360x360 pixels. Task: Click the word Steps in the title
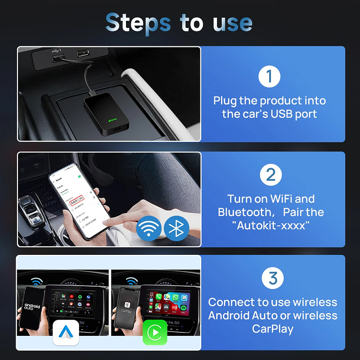click(138, 22)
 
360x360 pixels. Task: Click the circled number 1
click(269, 76)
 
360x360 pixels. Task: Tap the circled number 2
click(271, 175)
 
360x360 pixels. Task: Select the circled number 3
click(273, 278)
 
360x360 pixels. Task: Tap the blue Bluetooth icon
click(176, 229)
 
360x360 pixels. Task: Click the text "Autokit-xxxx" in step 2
click(271, 225)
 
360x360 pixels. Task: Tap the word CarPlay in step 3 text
click(273, 328)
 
